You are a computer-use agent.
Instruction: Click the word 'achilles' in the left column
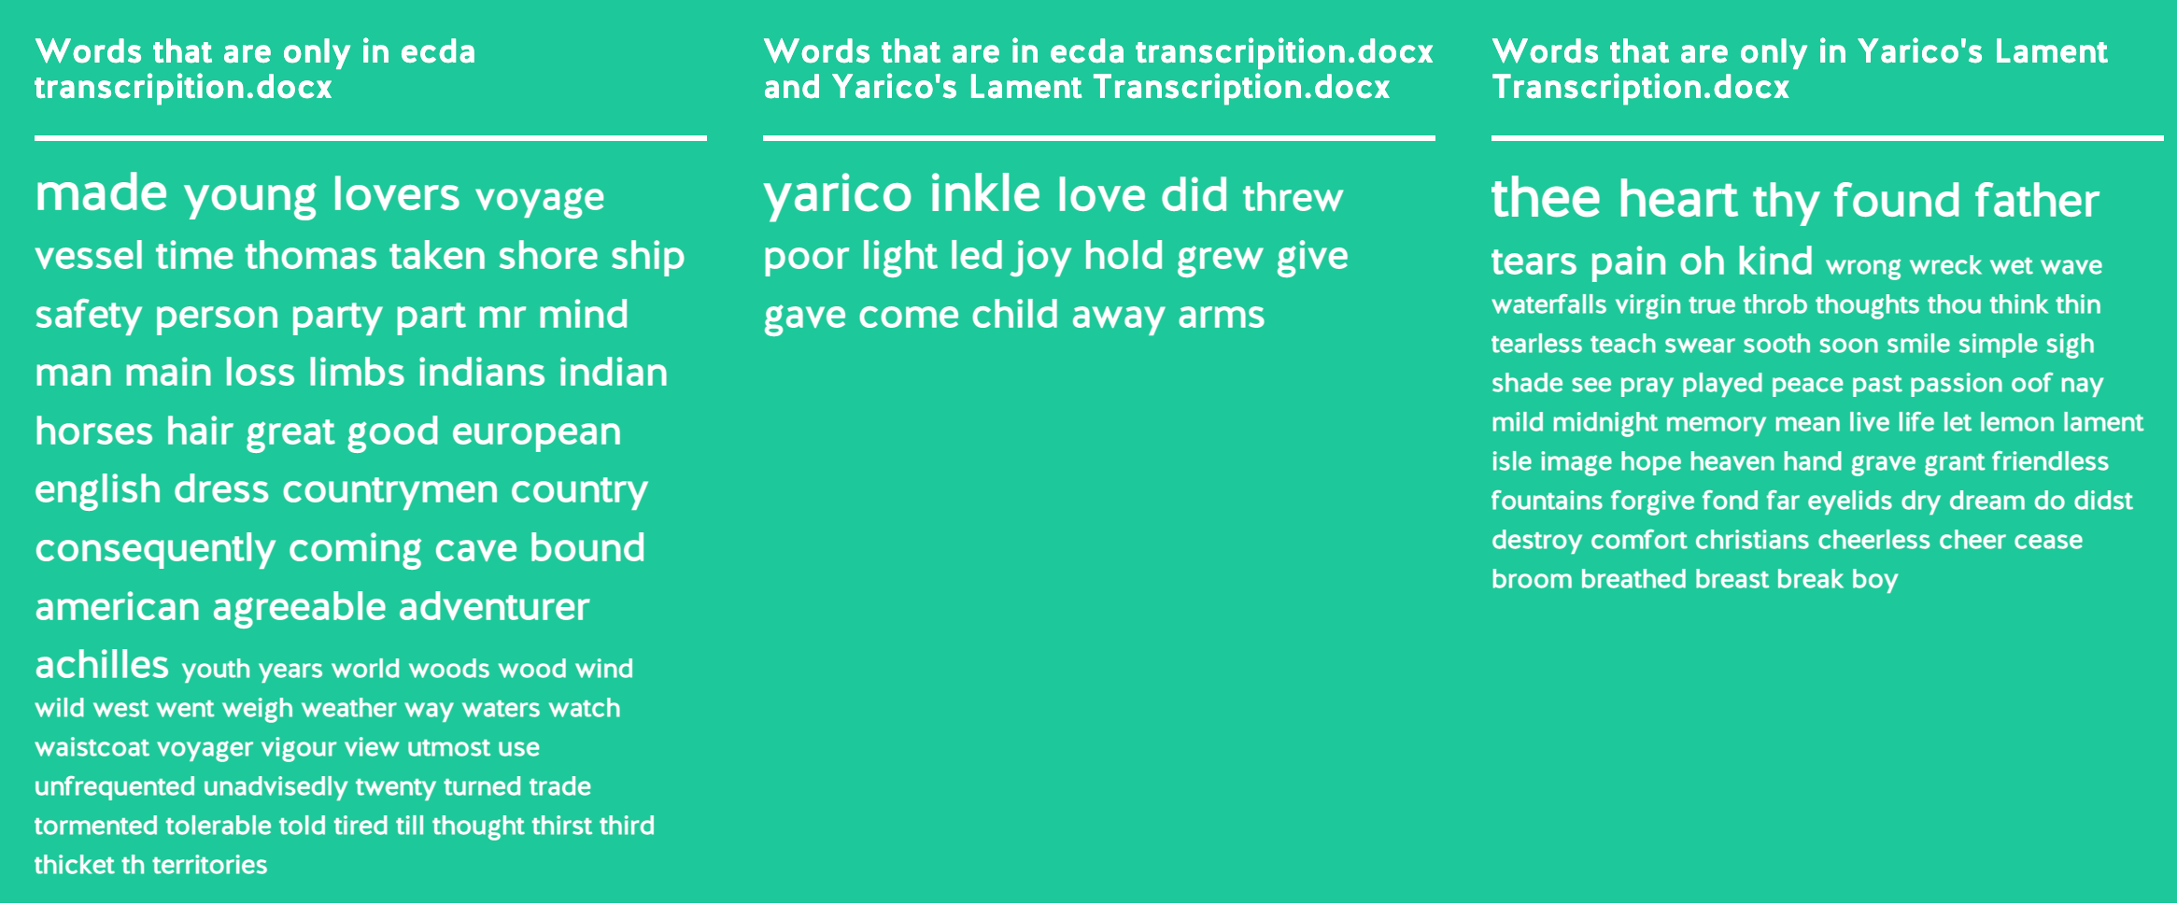pos(102,664)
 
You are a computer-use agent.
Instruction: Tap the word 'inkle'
pos(984,193)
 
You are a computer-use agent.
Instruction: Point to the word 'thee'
pos(1546,198)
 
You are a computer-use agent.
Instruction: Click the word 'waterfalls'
pos(1548,304)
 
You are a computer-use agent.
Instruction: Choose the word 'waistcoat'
pos(92,747)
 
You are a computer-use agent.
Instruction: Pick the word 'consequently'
pos(155,549)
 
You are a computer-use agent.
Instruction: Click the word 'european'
pos(536,432)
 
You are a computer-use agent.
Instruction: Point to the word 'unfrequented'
pos(115,786)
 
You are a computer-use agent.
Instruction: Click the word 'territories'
pos(209,865)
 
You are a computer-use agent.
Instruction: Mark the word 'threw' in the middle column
pos(1293,197)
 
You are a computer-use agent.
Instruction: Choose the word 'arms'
pos(1221,316)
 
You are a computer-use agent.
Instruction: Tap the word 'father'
pos(2037,200)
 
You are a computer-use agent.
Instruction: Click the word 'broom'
pos(1532,579)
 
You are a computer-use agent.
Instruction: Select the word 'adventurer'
pos(494,607)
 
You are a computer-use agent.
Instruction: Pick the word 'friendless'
pos(2050,461)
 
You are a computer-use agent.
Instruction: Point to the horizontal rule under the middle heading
pos(1098,138)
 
